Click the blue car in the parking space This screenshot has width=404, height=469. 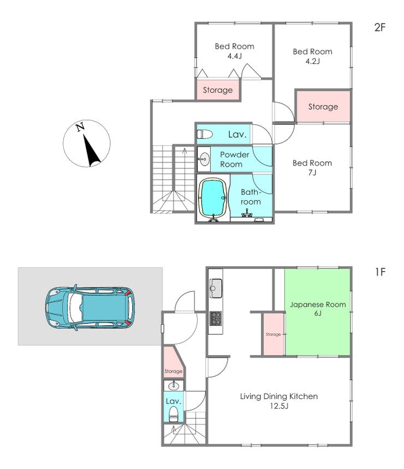[90, 308]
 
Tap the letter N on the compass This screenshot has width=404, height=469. [80, 127]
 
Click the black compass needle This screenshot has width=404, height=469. [92, 150]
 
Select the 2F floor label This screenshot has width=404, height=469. [380, 27]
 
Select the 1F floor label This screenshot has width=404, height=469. [380, 272]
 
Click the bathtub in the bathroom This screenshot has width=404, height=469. [213, 198]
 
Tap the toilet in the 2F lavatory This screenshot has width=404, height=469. [205, 134]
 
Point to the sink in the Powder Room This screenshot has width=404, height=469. [204, 159]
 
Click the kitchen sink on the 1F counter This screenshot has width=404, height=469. [216, 288]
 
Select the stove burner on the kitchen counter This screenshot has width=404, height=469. [216, 318]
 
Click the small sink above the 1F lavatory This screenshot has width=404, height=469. [174, 386]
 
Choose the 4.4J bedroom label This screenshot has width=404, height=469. [235, 51]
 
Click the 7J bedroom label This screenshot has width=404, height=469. [312, 167]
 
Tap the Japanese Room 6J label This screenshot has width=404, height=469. [318, 309]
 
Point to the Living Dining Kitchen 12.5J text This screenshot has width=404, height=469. [279, 401]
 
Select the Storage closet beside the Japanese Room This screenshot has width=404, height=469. [274, 334]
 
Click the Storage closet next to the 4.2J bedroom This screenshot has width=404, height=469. [323, 107]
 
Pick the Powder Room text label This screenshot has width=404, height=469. [235, 160]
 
